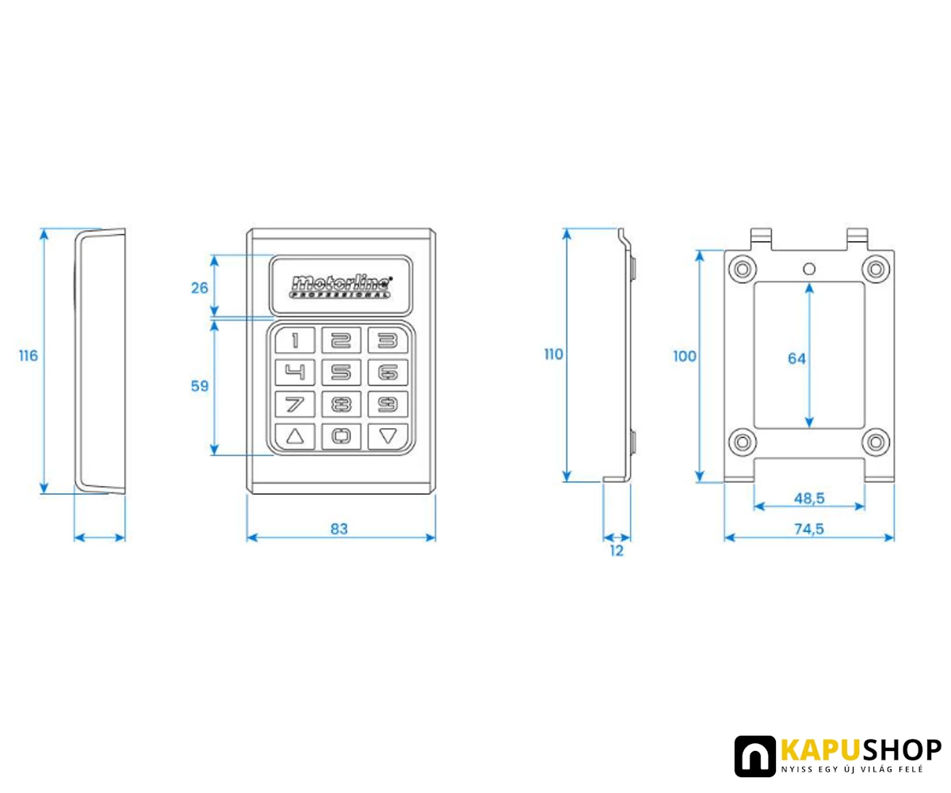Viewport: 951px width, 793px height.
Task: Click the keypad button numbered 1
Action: [295, 340]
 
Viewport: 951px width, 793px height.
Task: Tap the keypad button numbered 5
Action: [341, 372]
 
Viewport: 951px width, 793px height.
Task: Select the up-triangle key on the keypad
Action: [295, 437]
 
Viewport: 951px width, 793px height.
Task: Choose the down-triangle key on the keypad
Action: [388, 437]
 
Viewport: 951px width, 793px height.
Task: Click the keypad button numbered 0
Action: [341, 437]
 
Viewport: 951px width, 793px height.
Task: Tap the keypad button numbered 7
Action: [295, 404]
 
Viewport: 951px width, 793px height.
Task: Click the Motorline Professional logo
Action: [341, 286]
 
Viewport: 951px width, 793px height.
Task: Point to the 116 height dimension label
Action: [29, 355]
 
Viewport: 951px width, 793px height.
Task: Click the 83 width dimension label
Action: [339, 529]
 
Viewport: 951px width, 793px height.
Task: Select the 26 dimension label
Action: [200, 288]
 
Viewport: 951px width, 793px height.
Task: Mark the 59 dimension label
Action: [200, 386]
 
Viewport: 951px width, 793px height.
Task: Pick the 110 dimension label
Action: [553, 354]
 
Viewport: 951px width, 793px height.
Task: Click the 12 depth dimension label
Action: [617, 551]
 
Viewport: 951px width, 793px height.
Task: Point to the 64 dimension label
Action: [796, 358]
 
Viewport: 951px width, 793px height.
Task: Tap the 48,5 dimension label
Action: [809, 498]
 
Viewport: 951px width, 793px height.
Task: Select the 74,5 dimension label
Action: [809, 529]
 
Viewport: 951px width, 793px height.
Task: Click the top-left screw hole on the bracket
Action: [743, 269]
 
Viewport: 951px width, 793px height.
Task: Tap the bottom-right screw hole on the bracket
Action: [876, 442]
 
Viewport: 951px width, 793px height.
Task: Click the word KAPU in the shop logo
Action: [821, 749]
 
